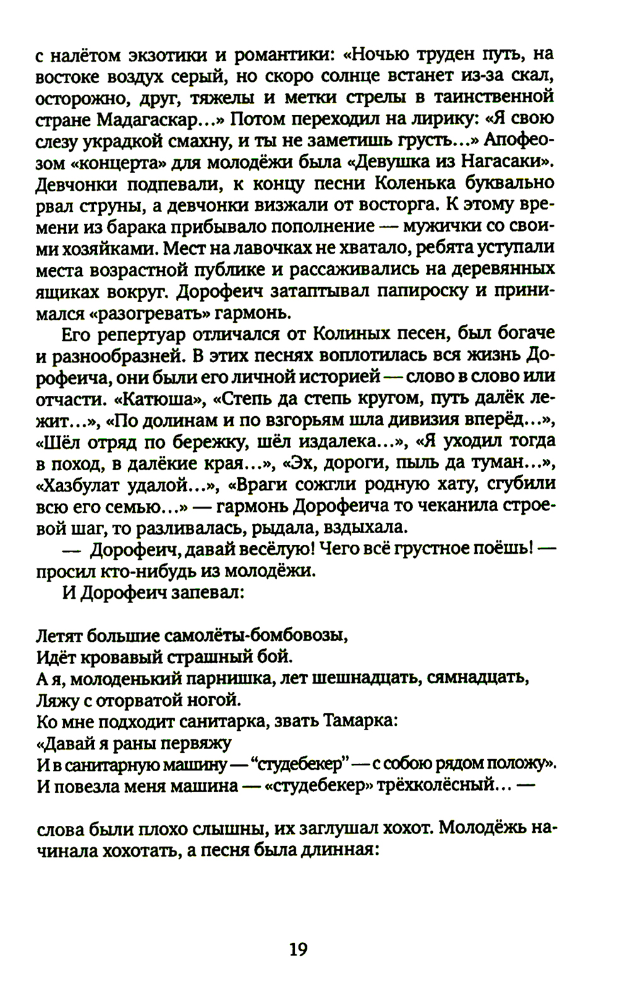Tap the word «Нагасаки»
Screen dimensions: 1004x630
click(x=507, y=163)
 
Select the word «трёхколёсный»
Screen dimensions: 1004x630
click(x=448, y=786)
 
